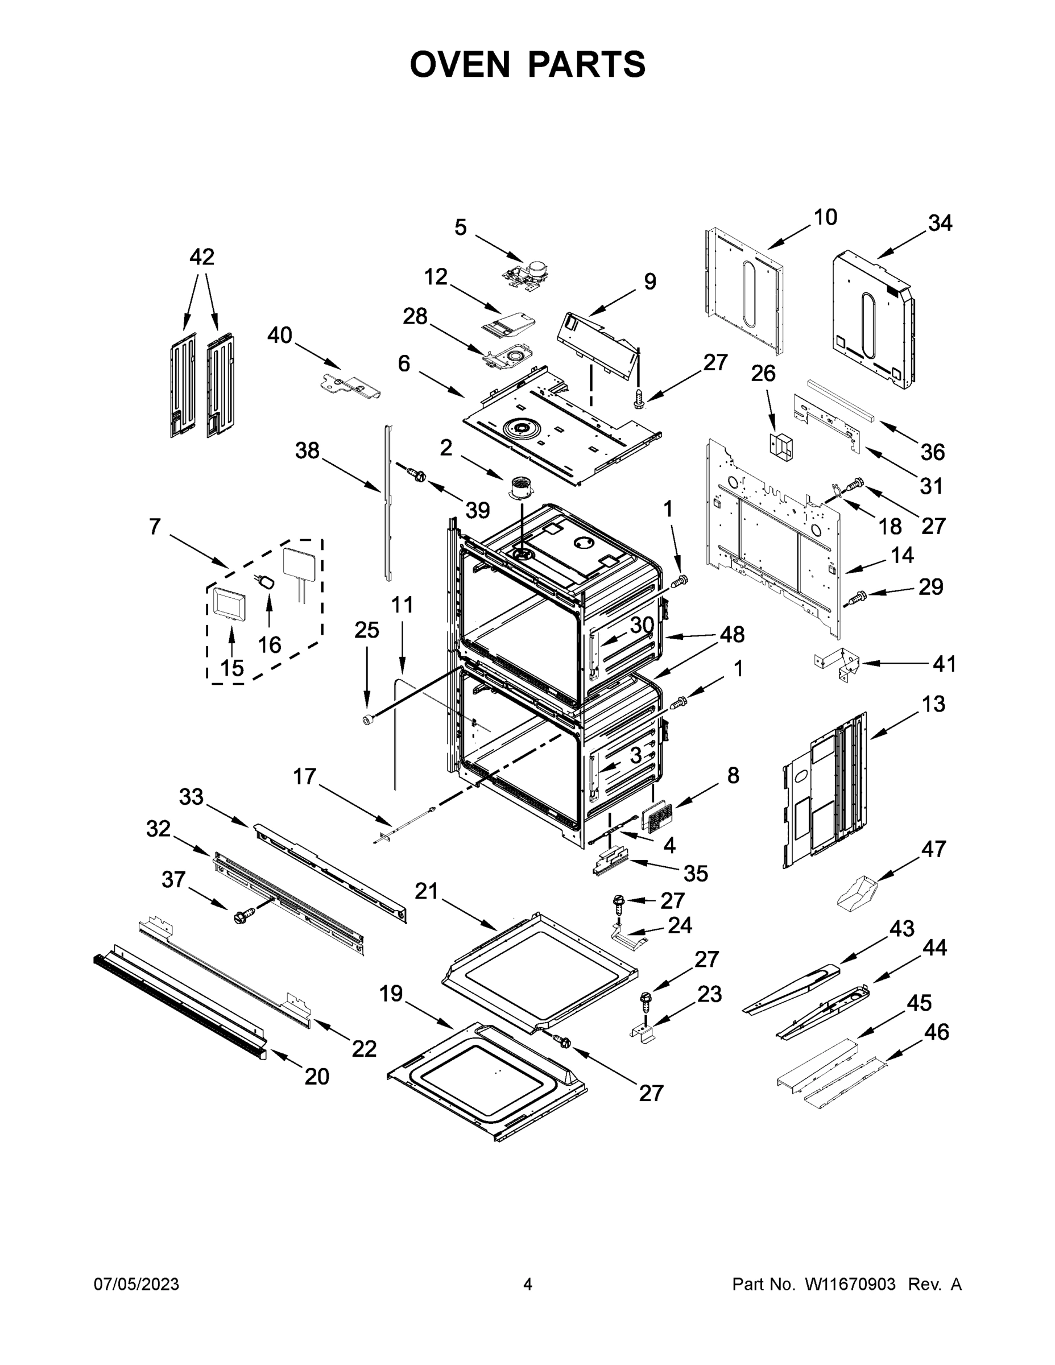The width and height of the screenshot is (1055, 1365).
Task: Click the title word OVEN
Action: click(460, 64)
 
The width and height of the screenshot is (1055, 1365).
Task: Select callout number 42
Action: click(201, 257)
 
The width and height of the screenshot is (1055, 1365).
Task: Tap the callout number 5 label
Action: click(460, 227)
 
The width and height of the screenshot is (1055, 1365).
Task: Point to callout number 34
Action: click(940, 222)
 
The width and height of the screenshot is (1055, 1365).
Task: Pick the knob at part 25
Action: click(368, 721)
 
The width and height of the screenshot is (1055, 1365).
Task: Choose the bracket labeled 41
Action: click(838, 664)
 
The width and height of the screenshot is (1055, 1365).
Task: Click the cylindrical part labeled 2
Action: click(519, 487)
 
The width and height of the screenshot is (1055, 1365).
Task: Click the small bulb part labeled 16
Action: click(267, 582)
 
